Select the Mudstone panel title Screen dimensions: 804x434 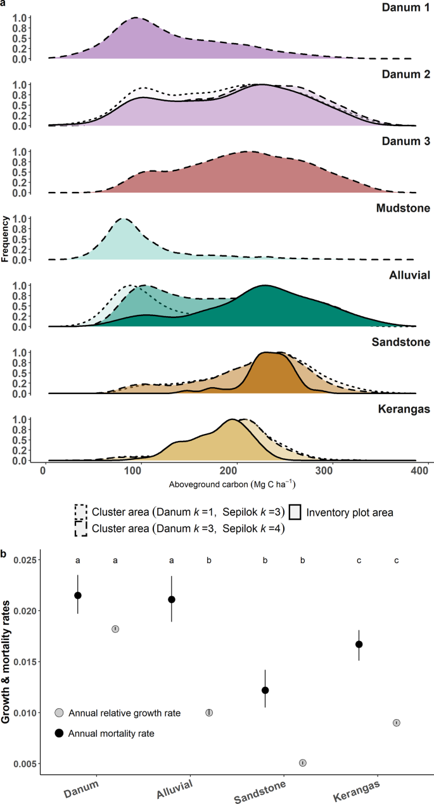click(x=402, y=209)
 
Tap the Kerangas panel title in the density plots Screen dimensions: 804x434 click(x=401, y=409)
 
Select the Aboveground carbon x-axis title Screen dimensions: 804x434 click(x=233, y=485)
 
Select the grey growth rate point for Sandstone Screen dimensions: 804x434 click(x=303, y=763)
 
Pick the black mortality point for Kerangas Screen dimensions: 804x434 click(x=359, y=644)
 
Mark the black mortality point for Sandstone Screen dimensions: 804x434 click(x=265, y=690)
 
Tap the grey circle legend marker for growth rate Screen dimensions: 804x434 click(x=60, y=713)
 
